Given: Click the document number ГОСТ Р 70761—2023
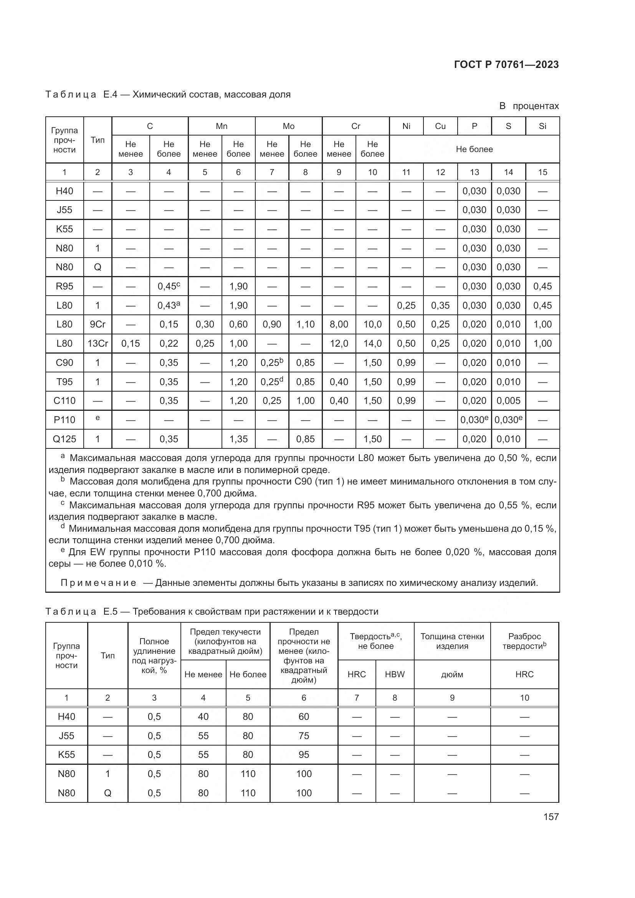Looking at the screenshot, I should coord(506,64).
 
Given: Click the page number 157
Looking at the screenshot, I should coord(551,817).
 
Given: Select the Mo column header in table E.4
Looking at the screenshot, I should coord(288,126).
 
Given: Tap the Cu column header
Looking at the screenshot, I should coord(440,126).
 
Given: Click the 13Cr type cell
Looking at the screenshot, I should coord(98,343).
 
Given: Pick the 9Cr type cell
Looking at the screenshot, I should coord(98,324).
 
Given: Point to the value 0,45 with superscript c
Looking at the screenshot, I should coord(169,286).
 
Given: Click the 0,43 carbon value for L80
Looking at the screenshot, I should coord(169,306).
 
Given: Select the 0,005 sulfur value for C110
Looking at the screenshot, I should coord(508,400).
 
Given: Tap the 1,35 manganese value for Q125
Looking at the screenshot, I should coord(238,439).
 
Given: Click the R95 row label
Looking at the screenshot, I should coord(64,286).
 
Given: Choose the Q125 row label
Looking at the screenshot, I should coord(64,439).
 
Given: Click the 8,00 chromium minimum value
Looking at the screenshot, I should coord(339,324).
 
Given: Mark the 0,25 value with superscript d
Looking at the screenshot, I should coord(272,381).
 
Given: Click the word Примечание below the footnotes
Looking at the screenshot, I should coord(98,583).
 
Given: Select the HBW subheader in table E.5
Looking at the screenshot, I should coord(394,674).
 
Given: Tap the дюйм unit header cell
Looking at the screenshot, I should coord(451,674).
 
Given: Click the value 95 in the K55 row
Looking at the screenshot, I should coord(303,754).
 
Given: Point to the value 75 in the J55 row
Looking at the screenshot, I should coord(303,736).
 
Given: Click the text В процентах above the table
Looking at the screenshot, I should coord(529,106).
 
